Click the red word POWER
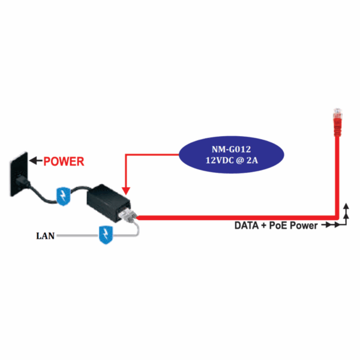[x=64, y=161]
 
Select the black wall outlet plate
[x=18, y=175]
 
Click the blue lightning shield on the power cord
[x=63, y=194]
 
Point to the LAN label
[x=46, y=236]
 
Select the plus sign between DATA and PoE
[x=265, y=226]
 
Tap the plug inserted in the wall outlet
[x=22, y=179]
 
